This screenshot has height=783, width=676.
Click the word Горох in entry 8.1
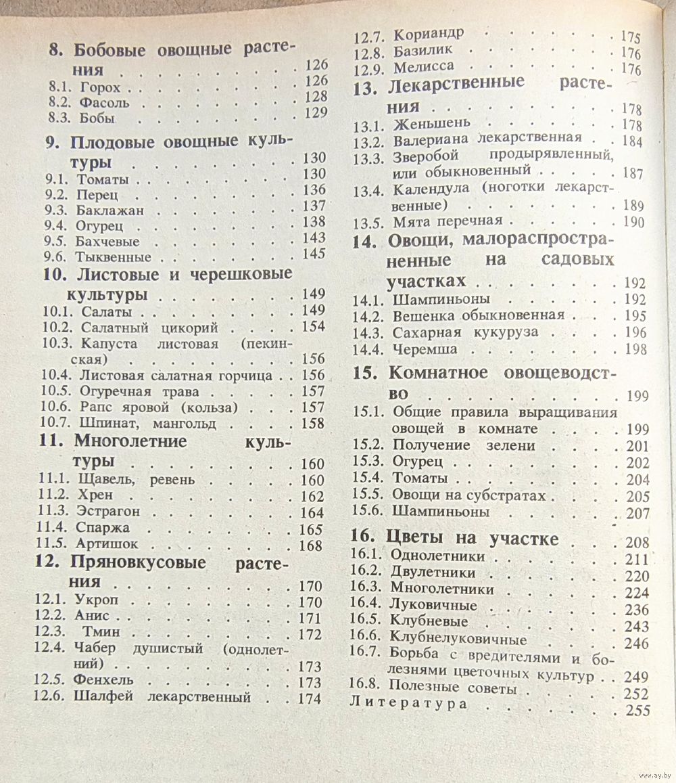(x=99, y=87)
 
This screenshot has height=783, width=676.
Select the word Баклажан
(x=110, y=210)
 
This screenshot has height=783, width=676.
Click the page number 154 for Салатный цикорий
(x=313, y=327)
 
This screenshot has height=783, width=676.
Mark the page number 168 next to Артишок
(x=310, y=545)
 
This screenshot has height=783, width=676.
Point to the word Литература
(x=408, y=703)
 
